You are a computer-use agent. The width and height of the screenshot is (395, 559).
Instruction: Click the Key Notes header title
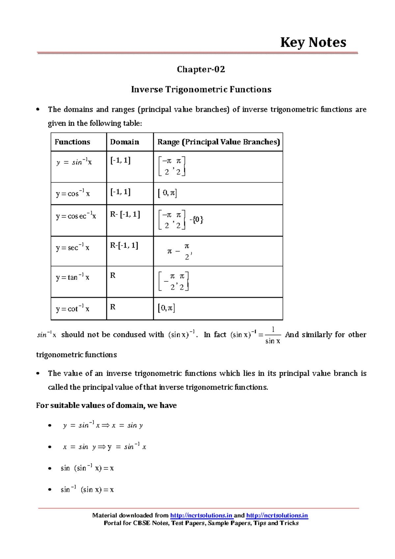(313, 42)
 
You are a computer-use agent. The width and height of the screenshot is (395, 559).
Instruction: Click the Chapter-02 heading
(201, 69)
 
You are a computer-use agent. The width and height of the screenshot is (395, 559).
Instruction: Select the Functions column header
(72, 142)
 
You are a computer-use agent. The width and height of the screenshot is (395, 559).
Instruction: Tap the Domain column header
(124, 142)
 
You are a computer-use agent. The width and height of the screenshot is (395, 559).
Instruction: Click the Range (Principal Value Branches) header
(219, 142)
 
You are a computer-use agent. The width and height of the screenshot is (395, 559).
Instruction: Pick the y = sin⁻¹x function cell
(74, 162)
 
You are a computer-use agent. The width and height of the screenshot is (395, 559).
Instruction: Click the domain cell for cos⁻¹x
(120, 192)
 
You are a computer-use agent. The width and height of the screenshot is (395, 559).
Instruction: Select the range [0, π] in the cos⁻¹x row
(168, 193)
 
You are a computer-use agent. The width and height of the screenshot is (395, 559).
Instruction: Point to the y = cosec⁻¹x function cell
(76, 216)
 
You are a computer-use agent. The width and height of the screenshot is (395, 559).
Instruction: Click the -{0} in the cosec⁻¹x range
(197, 220)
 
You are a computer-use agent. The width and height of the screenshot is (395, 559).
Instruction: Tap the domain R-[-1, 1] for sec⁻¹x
(124, 245)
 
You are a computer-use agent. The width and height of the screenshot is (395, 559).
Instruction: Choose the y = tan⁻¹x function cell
(73, 277)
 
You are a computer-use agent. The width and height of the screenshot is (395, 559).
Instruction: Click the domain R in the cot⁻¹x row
(113, 307)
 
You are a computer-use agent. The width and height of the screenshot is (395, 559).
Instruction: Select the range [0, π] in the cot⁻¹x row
(167, 308)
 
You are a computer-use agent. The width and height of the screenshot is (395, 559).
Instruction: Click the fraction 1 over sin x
(273, 335)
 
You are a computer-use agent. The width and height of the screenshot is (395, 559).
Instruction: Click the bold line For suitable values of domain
(106, 405)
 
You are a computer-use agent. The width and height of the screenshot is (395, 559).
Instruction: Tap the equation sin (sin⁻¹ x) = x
(87, 468)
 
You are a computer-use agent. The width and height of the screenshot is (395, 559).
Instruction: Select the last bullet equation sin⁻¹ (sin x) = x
(87, 490)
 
